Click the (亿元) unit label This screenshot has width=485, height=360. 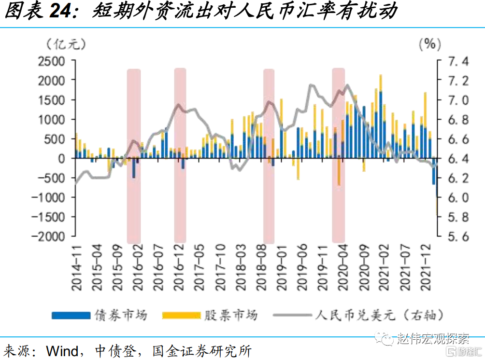click(x=66, y=44)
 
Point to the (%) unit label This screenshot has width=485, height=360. click(x=429, y=44)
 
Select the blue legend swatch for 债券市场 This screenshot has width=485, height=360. click(x=71, y=316)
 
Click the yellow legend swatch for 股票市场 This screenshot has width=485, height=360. click(x=181, y=316)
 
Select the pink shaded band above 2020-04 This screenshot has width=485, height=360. click(x=339, y=154)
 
